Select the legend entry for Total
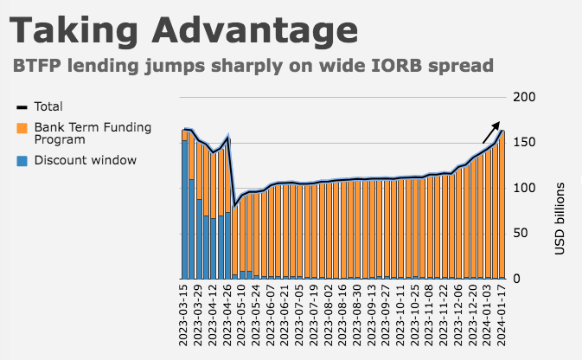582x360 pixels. tap(48, 106)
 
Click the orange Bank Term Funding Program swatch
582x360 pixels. tap(22, 127)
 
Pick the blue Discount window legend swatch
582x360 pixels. tap(22, 160)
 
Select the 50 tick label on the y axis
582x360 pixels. tap(522, 233)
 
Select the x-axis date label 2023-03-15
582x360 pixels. tap(185, 315)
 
